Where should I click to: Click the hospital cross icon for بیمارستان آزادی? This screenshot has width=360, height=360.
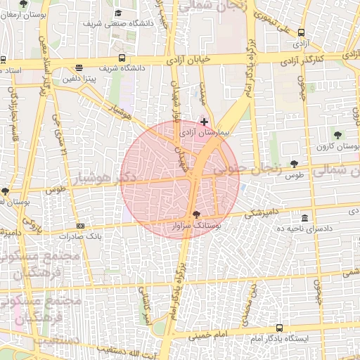coord(204,122)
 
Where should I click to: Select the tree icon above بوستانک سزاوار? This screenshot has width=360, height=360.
coord(195,214)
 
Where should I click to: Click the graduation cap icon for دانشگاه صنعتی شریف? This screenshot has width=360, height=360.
coord(118,13)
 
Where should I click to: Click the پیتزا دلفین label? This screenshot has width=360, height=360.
coord(92,81)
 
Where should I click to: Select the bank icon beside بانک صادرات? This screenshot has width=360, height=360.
coord(80,226)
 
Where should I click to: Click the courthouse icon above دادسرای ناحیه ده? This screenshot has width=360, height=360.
coord(304,218)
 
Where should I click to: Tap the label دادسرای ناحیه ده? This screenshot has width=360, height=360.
coord(304,229)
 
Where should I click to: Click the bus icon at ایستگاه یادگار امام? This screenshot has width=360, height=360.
coord(280,328)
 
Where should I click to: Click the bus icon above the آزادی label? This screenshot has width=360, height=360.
coord(302,32)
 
